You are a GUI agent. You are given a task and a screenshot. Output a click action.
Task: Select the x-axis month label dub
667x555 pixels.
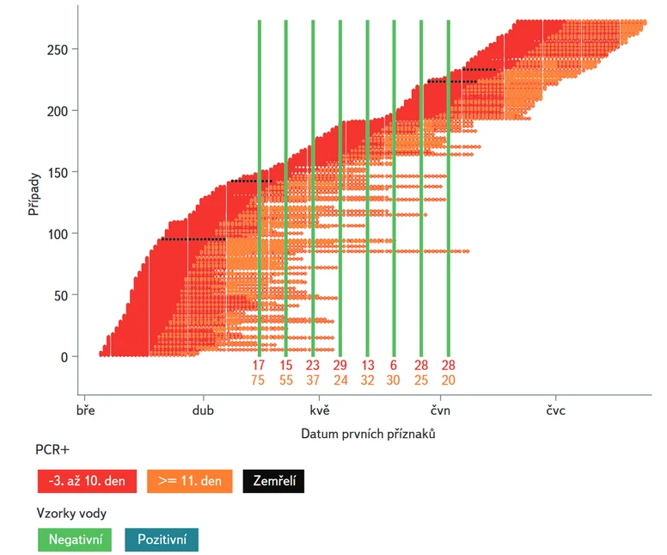203,411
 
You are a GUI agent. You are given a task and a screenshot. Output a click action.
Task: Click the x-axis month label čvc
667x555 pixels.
555,411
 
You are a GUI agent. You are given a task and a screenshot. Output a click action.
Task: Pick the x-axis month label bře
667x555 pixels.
85,411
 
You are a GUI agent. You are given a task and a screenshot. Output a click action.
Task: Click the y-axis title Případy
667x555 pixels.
33,196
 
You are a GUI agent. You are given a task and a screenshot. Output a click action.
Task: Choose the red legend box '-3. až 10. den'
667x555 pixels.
87,481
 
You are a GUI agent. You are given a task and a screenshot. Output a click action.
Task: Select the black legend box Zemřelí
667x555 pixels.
273,481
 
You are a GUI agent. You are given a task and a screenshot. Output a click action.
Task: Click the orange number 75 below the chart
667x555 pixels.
259,379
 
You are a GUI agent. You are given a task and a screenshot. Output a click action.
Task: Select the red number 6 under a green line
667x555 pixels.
394,365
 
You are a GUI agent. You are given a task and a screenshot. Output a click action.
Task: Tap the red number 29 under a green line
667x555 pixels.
340,365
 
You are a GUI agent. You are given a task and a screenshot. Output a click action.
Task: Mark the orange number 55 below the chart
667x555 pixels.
285,379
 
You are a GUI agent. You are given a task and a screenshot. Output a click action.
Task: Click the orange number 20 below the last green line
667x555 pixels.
448,379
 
